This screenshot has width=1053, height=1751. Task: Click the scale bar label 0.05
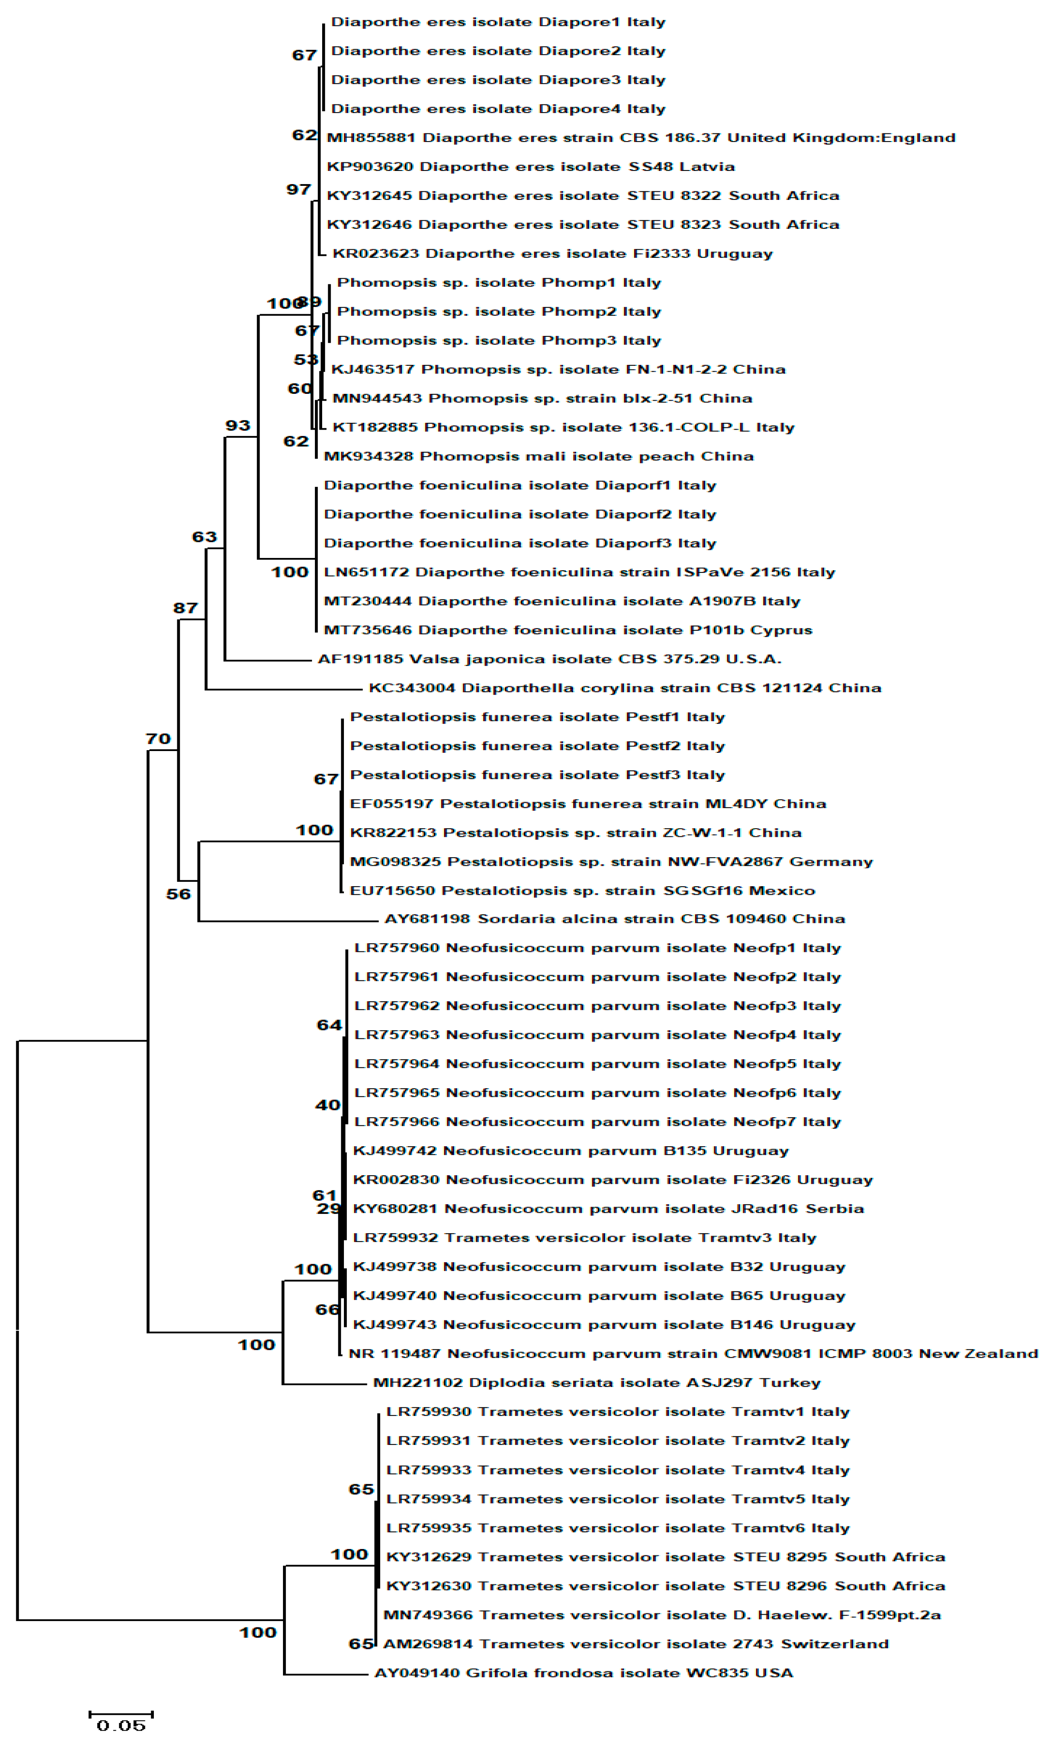point(121,1725)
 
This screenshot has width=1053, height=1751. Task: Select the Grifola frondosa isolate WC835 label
point(583,1673)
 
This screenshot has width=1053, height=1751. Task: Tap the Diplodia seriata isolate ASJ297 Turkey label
point(596,1383)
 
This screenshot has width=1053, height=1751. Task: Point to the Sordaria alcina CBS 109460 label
point(614,919)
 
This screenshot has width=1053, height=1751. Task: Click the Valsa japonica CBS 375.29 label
point(549,659)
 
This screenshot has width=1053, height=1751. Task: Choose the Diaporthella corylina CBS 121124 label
point(624,688)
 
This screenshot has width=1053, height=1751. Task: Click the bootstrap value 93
point(238,425)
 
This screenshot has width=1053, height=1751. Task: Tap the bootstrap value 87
point(185,607)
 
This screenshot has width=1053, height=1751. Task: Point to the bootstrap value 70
point(158,738)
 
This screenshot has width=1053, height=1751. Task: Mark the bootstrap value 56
point(178,893)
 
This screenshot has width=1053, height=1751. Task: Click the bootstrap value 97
point(299,190)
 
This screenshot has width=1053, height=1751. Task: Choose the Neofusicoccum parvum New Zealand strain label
point(692,1353)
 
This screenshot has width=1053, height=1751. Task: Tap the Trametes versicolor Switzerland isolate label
point(636,1644)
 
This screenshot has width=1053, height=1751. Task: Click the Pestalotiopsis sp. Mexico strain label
point(582,890)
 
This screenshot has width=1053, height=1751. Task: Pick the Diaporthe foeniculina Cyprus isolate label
point(568,630)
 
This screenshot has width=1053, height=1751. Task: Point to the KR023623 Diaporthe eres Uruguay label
point(552,253)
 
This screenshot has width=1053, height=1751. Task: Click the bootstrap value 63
point(205,537)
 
